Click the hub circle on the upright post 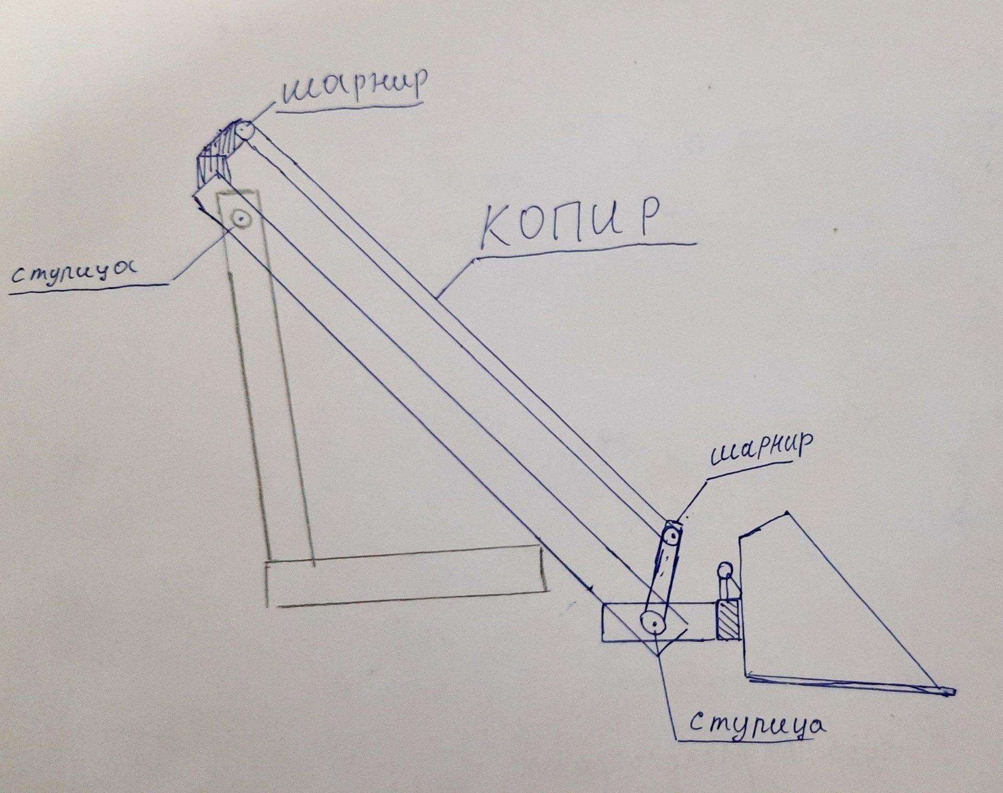[241, 218]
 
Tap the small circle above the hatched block [725, 569]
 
